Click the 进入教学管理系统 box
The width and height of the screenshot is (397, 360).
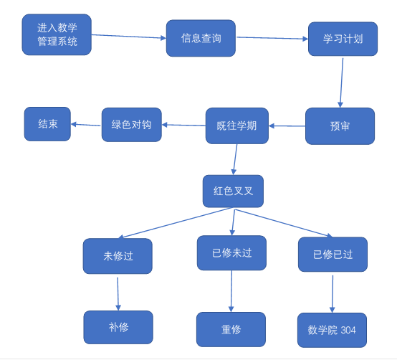pyautogui.click(x=57, y=34)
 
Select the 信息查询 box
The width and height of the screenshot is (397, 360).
pyautogui.click(x=201, y=38)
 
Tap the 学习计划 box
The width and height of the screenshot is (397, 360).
pyautogui.click(x=343, y=39)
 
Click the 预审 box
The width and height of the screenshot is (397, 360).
pyautogui.click(x=340, y=126)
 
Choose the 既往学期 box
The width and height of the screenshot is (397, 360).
pyautogui.click(x=237, y=125)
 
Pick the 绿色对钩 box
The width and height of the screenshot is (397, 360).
pyautogui.click(x=132, y=125)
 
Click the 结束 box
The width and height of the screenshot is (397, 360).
pyautogui.click(x=47, y=124)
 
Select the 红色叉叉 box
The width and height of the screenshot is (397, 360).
pyautogui.click(x=233, y=191)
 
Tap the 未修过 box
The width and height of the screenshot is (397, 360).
pyautogui.click(x=118, y=256)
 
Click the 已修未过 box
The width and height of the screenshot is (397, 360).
pyautogui.click(x=231, y=253)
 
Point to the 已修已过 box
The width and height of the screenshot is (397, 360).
pyautogui.click(x=333, y=255)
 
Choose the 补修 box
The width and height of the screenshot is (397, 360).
pyautogui.click(x=118, y=327)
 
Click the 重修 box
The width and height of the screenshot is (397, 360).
pyautogui.click(x=231, y=329)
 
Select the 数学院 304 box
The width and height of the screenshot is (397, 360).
pyautogui.click(x=332, y=330)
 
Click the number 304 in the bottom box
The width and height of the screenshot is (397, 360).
pyautogui.click(x=348, y=330)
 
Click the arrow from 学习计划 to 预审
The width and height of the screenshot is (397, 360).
pyautogui.click(x=342, y=83)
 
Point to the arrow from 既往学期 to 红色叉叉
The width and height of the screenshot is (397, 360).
pyautogui.click(x=235, y=159)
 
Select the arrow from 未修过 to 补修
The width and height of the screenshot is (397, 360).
pyautogui.click(x=118, y=294)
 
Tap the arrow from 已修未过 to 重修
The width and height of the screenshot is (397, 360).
pyautogui.click(x=231, y=291)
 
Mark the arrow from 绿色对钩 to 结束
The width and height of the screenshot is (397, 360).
pyautogui.click(x=86, y=125)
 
